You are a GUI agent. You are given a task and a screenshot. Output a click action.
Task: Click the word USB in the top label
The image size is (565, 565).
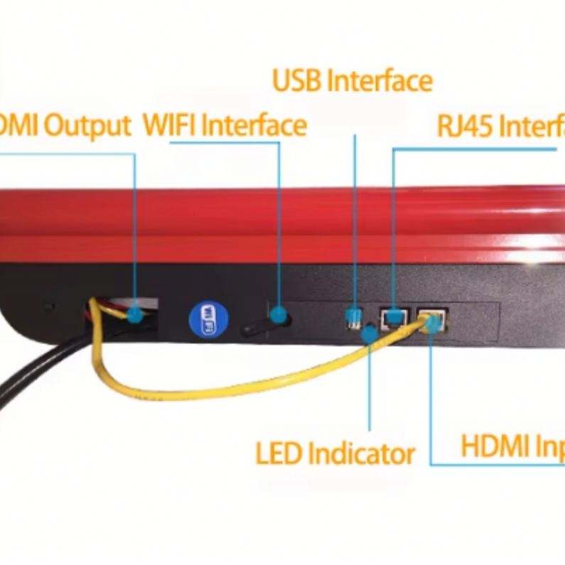tap(298, 81)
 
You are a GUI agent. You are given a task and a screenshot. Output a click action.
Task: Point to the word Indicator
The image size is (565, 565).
tap(362, 453)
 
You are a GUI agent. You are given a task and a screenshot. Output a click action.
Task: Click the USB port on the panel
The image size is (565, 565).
tap(352, 317)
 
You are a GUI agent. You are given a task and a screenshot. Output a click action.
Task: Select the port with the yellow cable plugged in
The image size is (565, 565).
tap(431, 320)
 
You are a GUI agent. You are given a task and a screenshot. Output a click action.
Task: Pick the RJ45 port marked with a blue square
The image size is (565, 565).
tap(392, 317)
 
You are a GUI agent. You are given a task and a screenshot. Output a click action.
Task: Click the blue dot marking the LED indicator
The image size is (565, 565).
tap(370, 333)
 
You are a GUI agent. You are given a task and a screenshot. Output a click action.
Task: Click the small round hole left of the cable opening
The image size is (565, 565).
tap(48, 307)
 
